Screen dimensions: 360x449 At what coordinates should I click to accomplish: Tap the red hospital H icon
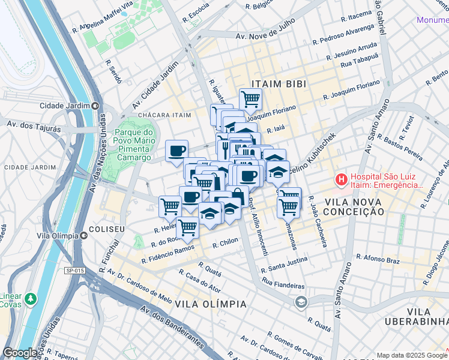coord(341,179)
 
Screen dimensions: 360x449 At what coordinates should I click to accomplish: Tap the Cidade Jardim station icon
coord(95,106)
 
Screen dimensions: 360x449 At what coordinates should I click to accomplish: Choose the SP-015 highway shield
coord(74,271)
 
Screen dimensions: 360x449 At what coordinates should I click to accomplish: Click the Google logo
coord(21,353)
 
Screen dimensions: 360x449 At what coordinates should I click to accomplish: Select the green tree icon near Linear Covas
coord(29,298)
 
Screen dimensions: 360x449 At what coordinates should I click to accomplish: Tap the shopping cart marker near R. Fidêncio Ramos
coord(188,227)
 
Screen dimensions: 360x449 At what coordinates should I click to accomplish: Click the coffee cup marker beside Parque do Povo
coord(176,150)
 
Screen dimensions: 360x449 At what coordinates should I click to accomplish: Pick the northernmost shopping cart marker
coord(250,98)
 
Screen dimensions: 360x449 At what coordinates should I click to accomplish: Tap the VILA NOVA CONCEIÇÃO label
coord(352,206)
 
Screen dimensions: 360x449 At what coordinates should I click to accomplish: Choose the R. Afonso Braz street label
coord(378,259)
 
